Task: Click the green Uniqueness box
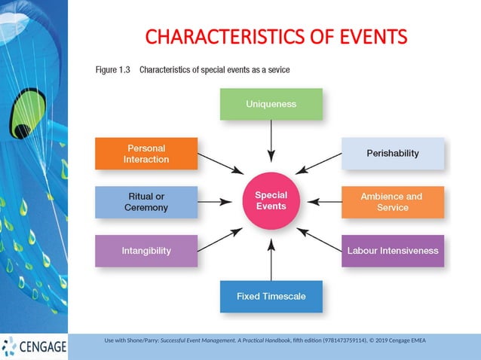click(x=271, y=104)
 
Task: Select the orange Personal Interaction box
click(x=146, y=154)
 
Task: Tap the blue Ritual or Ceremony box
click(x=146, y=202)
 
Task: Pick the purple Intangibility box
click(x=146, y=251)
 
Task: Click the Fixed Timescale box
click(x=271, y=296)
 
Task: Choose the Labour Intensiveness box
click(x=392, y=251)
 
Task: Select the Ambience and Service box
click(x=392, y=202)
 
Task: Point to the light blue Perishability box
click(x=392, y=154)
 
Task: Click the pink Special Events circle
click(x=271, y=200)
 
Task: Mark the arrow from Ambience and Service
click(x=325, y=202)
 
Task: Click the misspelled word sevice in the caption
click(x=276, y=70)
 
